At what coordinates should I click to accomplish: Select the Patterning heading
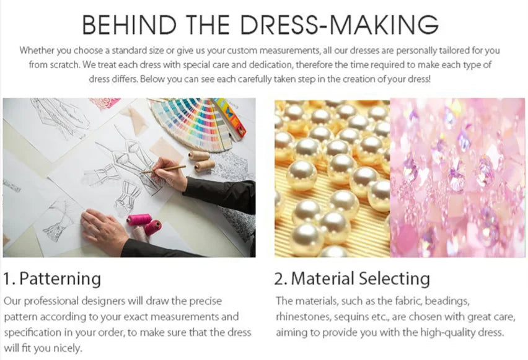tap(60, 278)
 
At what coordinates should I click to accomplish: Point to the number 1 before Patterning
tap(7, 278)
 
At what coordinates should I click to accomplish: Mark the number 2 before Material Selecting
tap(279, 278)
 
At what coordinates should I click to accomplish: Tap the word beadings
tap(444, 301)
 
